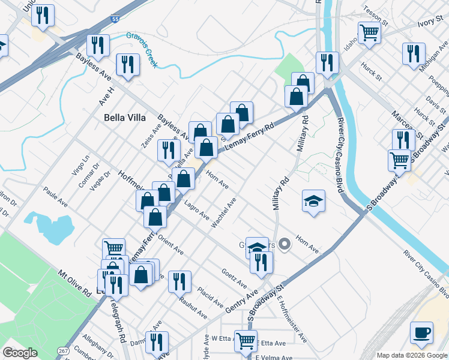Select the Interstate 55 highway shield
point(116,20)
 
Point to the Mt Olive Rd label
point(74,283)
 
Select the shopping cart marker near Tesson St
point(369,32)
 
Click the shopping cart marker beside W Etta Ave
point(246,341)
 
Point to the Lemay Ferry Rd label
point(249,136)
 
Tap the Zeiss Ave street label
point(151,136)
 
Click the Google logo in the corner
point(20,352)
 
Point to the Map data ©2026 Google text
point(411,355)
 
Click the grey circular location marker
point(285,244)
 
